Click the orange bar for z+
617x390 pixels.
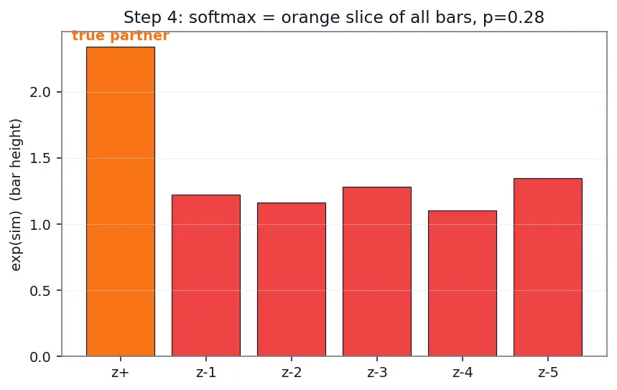click(121, 202)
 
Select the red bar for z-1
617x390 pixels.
click(206, 276)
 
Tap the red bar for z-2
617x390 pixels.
click(292, 279)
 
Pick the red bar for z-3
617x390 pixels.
click(377, 271)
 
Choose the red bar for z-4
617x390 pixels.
click(463, 284)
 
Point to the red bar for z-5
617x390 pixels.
click(548, 267)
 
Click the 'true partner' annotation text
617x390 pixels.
click(121, 35)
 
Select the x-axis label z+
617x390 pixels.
click(121, 372)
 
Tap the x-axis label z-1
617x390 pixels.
click(206, 372)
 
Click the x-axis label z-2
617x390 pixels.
click(292, 372)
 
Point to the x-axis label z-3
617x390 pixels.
click(377, 372)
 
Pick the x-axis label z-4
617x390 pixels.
click(463, 372)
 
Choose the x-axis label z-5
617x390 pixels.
click(548, 372)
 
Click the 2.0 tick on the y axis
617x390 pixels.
click(40, 92)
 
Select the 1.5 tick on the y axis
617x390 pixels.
click(40, 158)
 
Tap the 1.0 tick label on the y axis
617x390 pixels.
click(40, 224)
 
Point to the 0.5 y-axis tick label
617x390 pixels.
click(40, 290)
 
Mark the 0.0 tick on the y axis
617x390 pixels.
click(40, 357)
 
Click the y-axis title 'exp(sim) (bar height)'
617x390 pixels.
click(16, 195)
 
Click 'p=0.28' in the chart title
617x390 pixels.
click(514, 17)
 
